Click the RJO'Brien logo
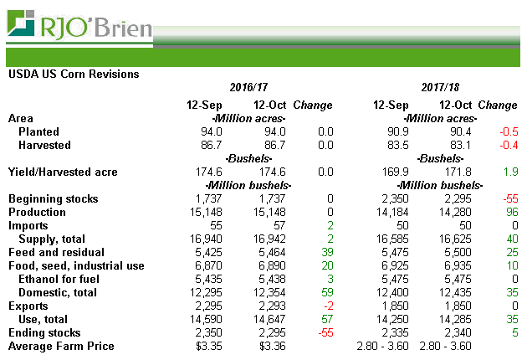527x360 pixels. click(x=79, y=27)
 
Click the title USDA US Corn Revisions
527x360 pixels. click(x=74, y=74)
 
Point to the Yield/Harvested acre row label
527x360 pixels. click(x=63, y=172)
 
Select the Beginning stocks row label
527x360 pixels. click(x=53, y=199)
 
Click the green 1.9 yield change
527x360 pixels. click(x=510, y=172)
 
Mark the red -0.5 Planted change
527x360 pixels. click(x=507, y=132)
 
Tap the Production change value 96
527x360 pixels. click(x=511, y=213)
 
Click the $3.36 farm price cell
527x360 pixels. click(x=272, y=346)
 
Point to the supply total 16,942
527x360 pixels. click(x=269, y=239)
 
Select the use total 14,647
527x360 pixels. click(x=269, y=319)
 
